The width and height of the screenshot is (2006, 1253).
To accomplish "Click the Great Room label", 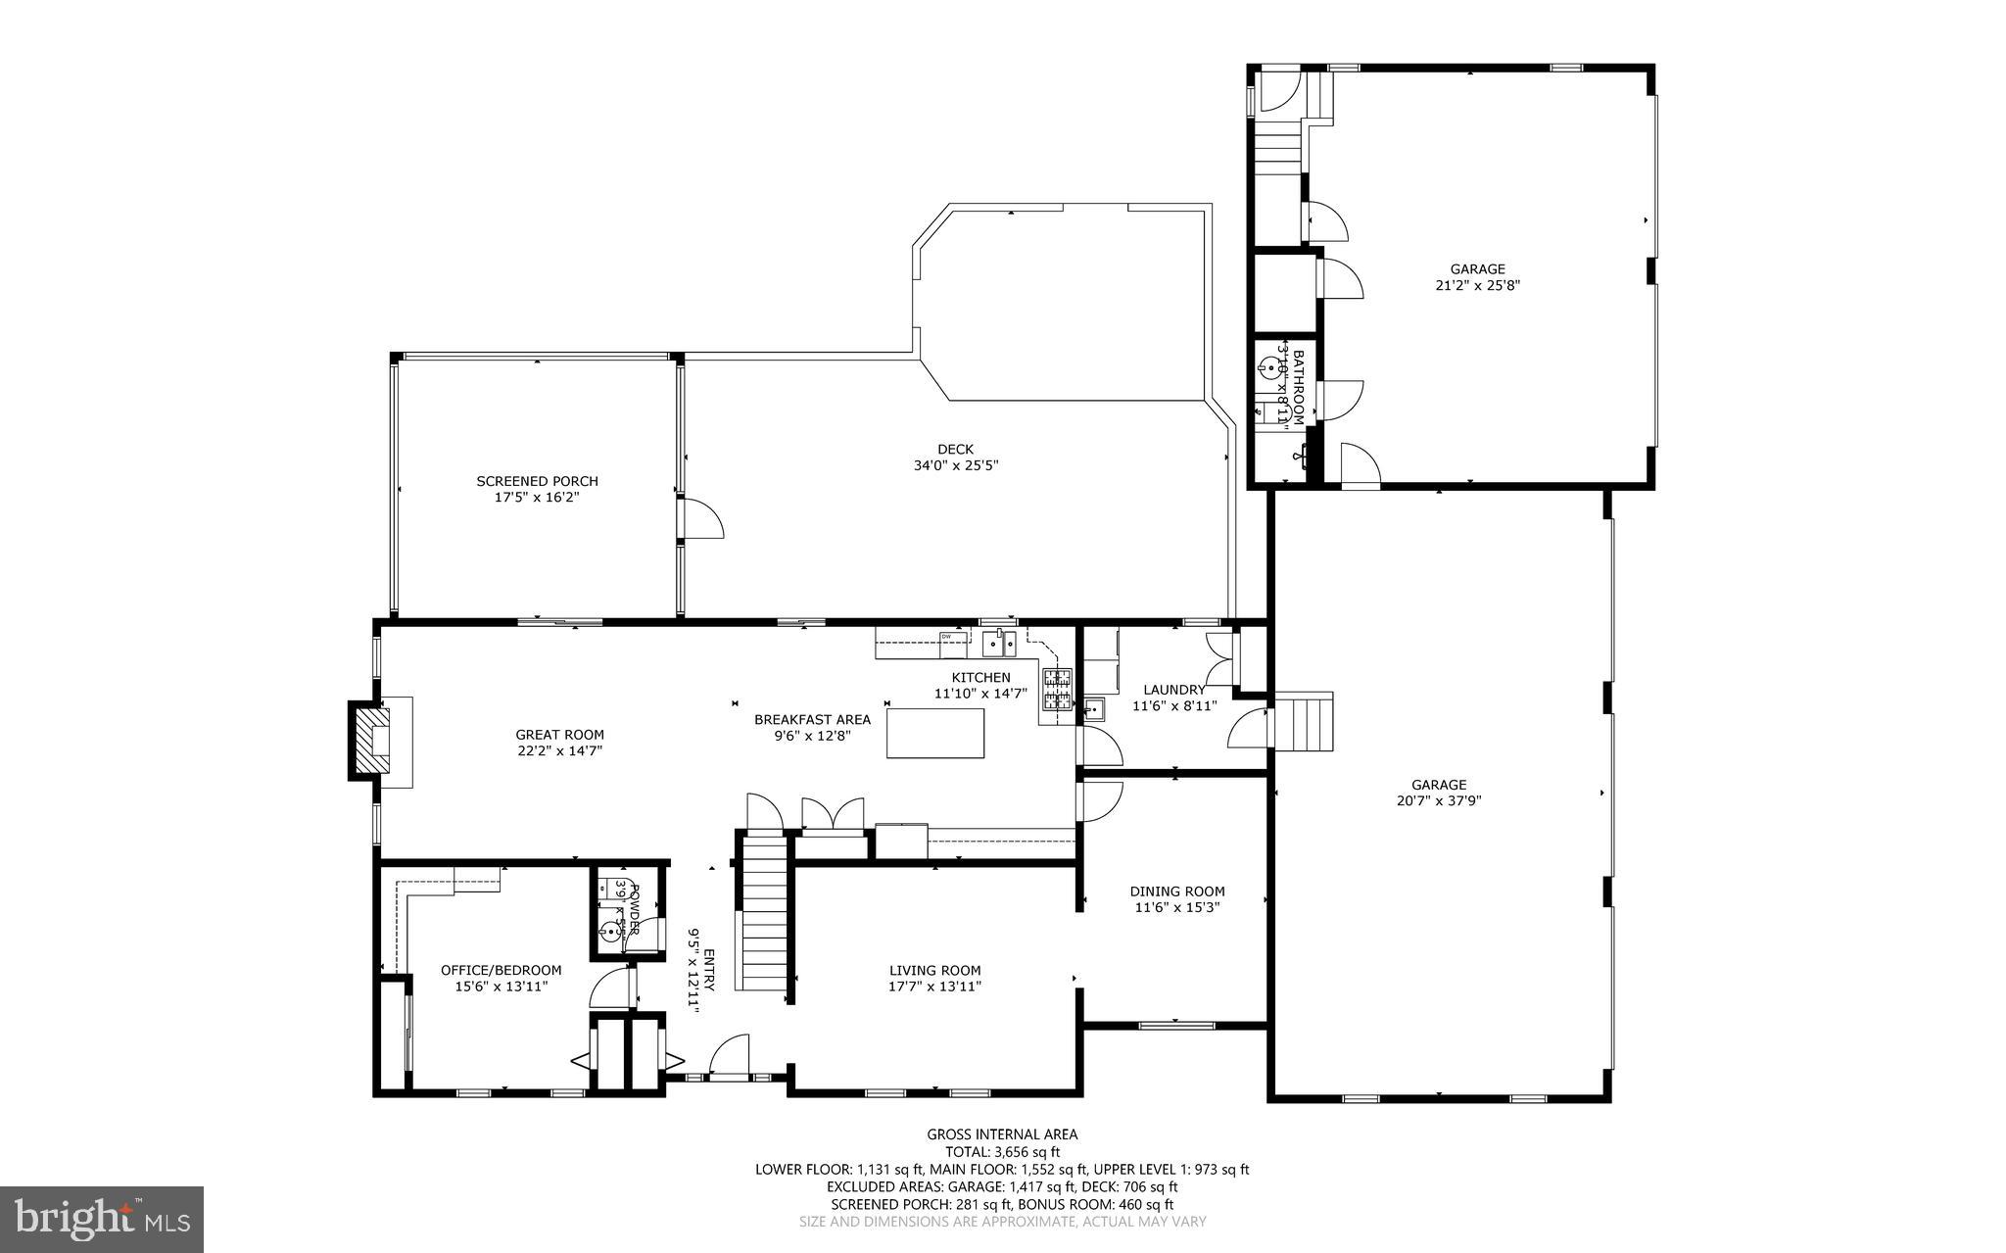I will click(x=559, y=735).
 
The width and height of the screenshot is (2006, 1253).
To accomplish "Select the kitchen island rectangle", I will click(x=935, y=733).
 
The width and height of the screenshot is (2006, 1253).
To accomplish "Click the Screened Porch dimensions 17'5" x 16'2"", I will click(x=537, y=498).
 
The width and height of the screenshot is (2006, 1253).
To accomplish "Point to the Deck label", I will click(x=955, y=450).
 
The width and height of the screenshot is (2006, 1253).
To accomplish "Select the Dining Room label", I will click(x=1177, y=892).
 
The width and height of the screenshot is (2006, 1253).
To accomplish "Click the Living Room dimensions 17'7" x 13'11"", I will click(x=934, y=987).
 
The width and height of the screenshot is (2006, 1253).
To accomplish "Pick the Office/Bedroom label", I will click(x=501, y=970).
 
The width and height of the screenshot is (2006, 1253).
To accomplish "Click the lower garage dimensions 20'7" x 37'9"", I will click(x=1438, y=800).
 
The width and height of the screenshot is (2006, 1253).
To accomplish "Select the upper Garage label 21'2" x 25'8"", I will click(x=1477, y=269).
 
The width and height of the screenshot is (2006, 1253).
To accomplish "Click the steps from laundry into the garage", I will click(x=1304, y=722).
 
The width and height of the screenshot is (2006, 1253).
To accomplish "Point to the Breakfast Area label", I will click(x=812, y=719).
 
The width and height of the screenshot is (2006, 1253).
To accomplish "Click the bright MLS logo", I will click(x=102, y=1220).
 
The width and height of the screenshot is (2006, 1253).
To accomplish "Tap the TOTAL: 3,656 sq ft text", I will click(x=1002, y=1152).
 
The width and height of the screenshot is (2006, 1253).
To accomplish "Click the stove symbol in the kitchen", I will click(x=1057, y=688).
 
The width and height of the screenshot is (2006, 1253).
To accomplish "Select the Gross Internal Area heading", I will click(x=1002, y=1134).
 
